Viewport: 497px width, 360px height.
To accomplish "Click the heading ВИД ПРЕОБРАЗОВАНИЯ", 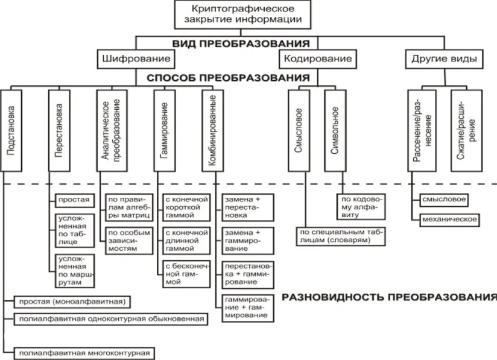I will [241, 43].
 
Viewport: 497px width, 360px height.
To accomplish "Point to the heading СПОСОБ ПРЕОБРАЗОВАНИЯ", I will [225, 78].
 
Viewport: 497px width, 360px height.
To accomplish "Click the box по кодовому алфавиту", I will [362, 205].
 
